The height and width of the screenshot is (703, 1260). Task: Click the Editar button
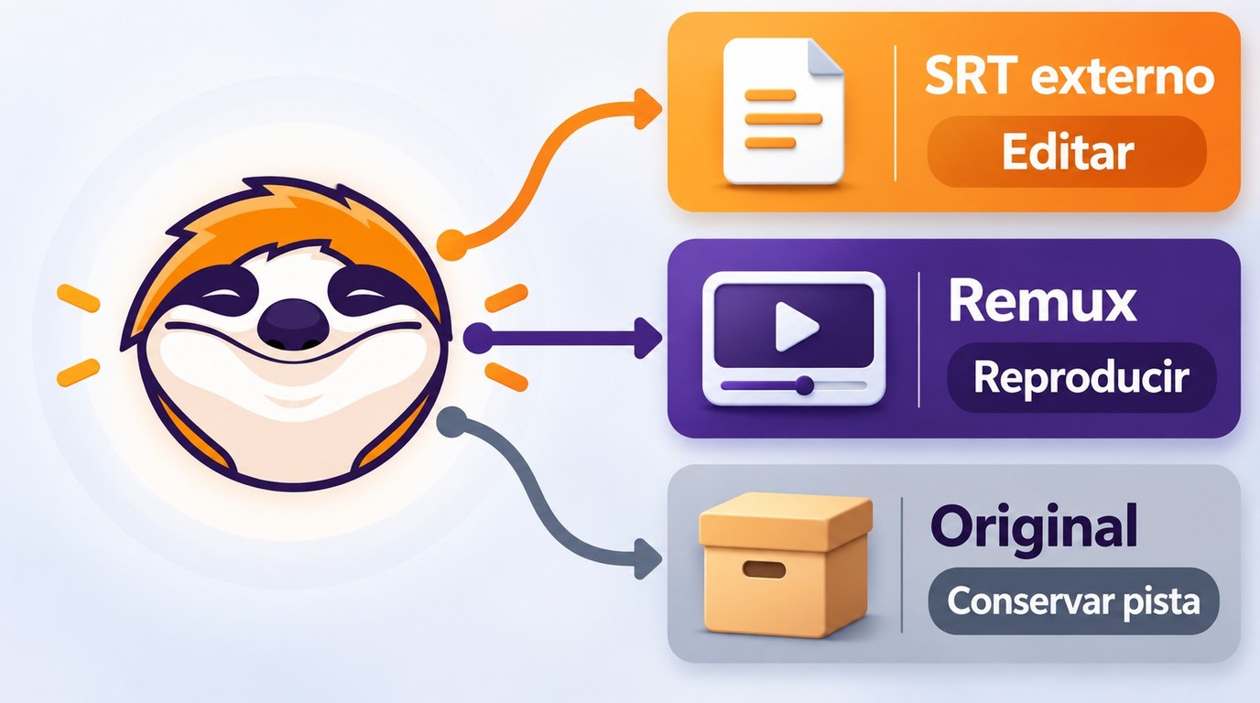(1067, 152)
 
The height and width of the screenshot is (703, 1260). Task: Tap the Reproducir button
(1081, 377)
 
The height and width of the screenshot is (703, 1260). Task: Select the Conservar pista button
(1073, 601)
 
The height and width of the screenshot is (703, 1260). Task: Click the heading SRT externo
(1070, 77)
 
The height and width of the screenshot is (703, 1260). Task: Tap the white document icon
(783, 111)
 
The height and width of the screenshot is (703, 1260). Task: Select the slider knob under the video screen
(804, 385)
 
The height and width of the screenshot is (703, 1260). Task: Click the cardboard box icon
(786, 564)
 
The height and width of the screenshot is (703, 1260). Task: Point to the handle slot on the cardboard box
(764, 569)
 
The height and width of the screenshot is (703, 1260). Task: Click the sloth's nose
(292, 325)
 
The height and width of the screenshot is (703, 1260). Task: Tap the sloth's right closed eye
(363, 290)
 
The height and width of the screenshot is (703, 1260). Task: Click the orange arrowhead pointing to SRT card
(646, 108)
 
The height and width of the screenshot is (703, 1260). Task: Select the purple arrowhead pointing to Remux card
(646, 338)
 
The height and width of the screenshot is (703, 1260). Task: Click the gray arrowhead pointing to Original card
(646, 558)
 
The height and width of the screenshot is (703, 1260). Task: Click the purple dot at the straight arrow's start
(478, 338)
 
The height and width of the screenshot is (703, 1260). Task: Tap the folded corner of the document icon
(825, 59)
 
